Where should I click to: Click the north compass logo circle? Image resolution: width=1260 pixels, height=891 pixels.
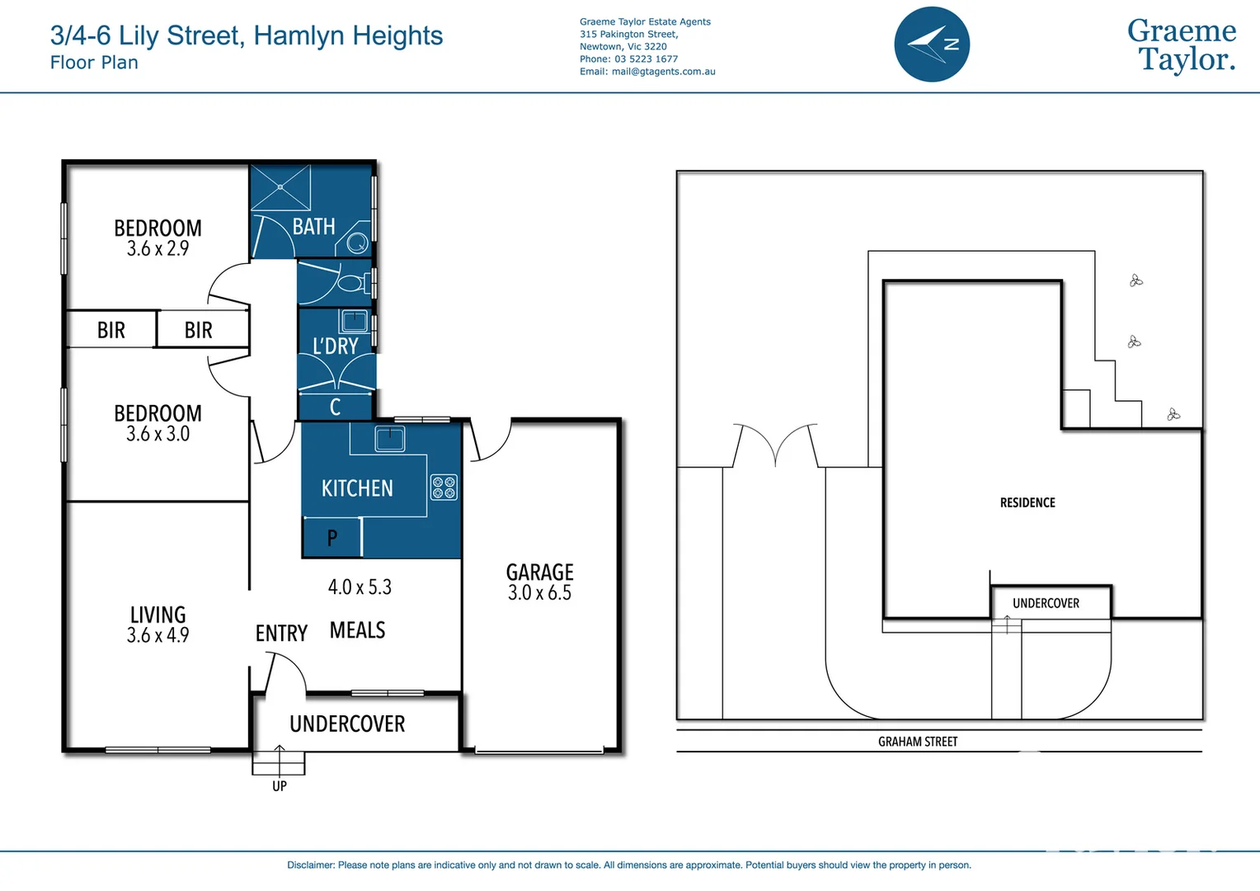(x=932, y=45)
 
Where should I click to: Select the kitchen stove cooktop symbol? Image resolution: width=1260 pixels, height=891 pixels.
(x=444, y=487)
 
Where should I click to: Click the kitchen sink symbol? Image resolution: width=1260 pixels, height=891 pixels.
(x=389, y=438)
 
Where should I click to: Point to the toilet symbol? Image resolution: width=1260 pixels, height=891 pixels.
(x=352, y=284)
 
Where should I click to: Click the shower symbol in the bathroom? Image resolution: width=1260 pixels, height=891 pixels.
(x=280, y=187)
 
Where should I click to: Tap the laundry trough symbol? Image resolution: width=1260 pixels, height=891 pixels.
(x=355, y=320)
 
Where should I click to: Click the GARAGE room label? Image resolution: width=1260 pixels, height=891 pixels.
(x=539, y=572)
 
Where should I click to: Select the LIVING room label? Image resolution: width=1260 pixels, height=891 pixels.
(x=157, y=615)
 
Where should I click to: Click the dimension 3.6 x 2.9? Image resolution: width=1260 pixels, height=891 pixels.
(x=157, y=249)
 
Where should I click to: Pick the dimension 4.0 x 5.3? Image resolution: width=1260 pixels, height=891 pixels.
(x=360, y=587)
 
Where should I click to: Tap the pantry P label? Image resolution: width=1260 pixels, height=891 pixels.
(x=332, y=538)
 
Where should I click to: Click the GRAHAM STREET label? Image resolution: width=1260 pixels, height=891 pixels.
(x=918, y=742)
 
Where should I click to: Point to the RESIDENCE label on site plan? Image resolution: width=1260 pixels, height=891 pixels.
(x=1027, y=502)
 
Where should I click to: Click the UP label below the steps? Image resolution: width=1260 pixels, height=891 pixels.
(x=280, y=786)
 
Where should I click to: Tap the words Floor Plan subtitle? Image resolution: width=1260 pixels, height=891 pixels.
(x=94, y=63)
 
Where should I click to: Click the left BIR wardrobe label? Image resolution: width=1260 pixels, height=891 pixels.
(x=111, y=330)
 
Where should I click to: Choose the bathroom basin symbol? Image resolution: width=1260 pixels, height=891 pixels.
(x=357, y=243)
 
